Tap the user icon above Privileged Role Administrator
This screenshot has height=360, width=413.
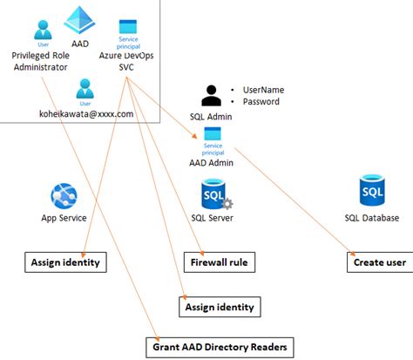43,31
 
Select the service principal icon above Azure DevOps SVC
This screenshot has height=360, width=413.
128,28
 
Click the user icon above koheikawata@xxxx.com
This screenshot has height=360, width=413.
85,89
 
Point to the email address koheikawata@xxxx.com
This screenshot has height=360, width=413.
86,113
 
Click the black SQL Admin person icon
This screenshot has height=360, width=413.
212,95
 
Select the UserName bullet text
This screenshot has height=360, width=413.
264,90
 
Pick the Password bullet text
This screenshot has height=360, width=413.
261,102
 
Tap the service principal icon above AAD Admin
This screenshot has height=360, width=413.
212,134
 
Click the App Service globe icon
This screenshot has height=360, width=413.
64,195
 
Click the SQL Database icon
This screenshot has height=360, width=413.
373,191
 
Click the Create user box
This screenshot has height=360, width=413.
380,261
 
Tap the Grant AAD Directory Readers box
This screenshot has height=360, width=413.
219,346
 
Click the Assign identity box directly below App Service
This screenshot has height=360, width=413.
64,261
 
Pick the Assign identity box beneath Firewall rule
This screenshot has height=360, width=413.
219,306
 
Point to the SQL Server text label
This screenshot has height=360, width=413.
212,218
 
